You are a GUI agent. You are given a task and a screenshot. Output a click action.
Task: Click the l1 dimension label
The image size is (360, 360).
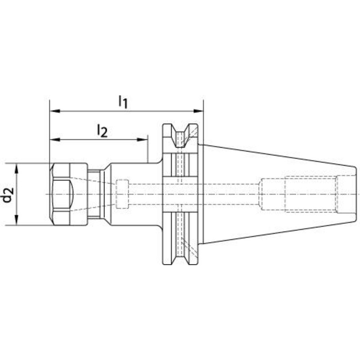tap(122, 102)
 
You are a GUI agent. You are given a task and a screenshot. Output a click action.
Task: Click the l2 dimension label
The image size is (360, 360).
tap(102, 131)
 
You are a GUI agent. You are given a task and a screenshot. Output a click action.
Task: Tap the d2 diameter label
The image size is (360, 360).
tap(8, 195)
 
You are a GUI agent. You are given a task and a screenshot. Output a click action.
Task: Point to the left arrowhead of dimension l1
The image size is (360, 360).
tap(55, 111)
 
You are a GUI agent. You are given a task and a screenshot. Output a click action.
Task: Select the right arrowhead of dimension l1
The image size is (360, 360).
tap(198, 111)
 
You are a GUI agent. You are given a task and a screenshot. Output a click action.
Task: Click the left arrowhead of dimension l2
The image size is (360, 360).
tap(55, 139)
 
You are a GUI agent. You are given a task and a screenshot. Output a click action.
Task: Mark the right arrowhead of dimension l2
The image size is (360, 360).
tap(142, 139)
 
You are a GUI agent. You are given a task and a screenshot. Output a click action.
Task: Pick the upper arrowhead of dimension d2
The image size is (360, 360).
tap(16, 168)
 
